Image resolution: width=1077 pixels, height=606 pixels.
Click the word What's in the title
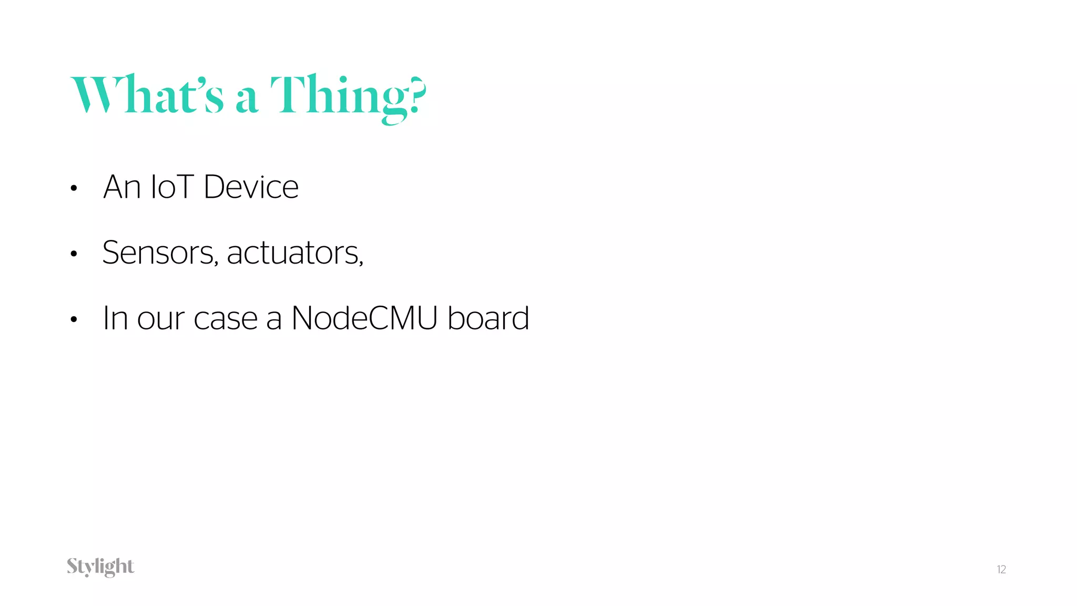pyautogui.click(x=147, y=95)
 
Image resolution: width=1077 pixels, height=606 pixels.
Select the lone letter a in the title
pyautogui.click(x=247, y=100)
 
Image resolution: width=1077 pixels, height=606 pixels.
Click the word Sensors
pyautogui.click(x=158, y=253)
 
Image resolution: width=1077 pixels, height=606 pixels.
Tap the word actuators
pyautogui.click(x=292, y=253)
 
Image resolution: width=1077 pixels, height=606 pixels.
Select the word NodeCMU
pyautogui.click(x=364, y=318)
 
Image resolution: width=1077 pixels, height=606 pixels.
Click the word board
pyautogui.click(x=488, y=318)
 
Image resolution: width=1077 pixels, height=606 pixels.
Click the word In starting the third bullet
pyautogui.click(x=115, y=318)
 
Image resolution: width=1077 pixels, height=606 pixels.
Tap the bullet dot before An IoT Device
pyautogui.click(x=74, y=188)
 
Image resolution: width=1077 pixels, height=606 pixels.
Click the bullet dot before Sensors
pyautogui.click(x=74, y=254)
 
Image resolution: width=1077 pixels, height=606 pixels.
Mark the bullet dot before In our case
pyautogui.click(x=74, y=319)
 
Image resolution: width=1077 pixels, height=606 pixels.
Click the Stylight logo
pyautogui.click(x=100, y=567)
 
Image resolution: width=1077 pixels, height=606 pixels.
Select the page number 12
pyautogui.click(x=1001, y=570)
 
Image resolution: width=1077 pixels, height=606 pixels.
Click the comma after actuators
pyautogui.click(x=361, y=263)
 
